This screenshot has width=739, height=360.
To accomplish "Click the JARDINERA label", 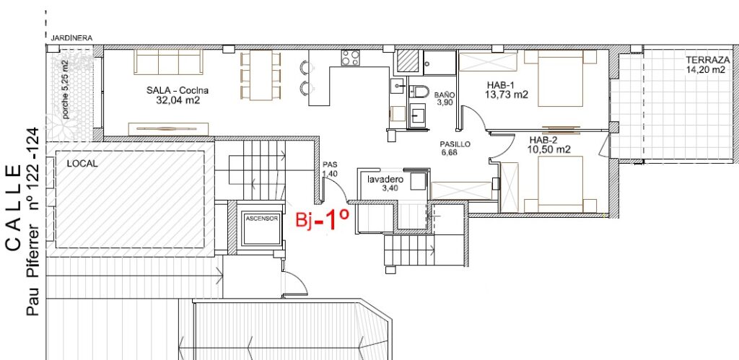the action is (x=71, y=38).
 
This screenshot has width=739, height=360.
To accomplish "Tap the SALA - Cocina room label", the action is (x=178, y=90).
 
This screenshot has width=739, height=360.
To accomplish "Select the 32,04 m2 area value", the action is (x=178, y=100).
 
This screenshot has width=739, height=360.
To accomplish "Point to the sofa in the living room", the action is (x=168, y=62).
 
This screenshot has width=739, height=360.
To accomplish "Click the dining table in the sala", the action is (x=261, y=76).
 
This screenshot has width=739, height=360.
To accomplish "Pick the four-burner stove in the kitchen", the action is (x=351, y=58).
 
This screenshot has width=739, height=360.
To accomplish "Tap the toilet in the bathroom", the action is (x=418, y=91).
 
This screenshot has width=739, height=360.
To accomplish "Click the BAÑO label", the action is (x=445, y=95).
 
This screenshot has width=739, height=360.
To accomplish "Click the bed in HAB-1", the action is (x=560, y=78).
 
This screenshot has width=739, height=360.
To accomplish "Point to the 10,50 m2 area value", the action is (x=549, y=150).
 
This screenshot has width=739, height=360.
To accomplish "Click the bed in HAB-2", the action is (x=560, y=184).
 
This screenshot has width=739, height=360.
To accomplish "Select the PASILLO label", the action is (x=455, y=145).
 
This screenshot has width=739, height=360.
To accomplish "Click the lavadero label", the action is (x=385, y=180).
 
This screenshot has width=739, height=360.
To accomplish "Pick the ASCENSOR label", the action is (x=262, y=219).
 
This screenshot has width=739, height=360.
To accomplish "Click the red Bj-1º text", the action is (x=323, y=220).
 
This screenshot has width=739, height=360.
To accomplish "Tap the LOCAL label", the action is (x=82, y=164).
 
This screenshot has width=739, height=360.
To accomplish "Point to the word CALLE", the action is (x=13, y=208).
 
